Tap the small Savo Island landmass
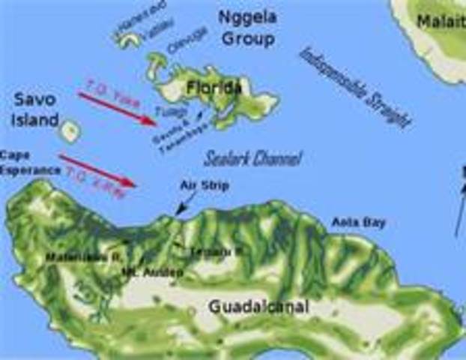[x=70, y=132]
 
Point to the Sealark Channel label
[x=252, y=158]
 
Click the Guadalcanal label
[x=258, y=307]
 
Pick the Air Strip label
[x=205, y=184]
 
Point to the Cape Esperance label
[x=30, y=161]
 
